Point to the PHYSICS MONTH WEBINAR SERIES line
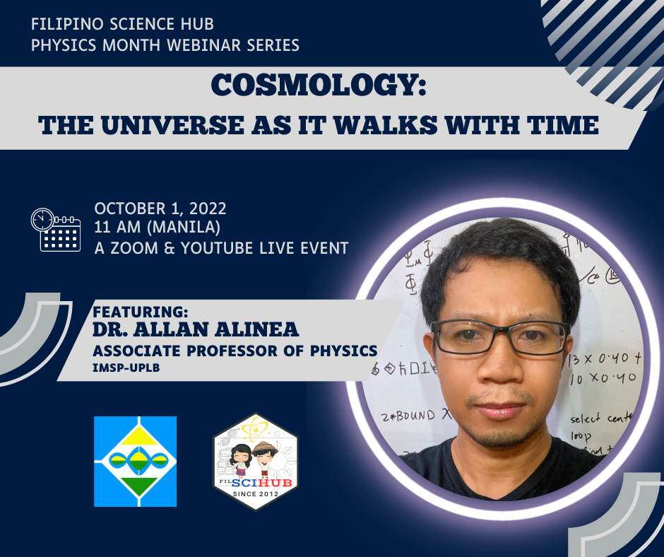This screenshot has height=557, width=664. (x=165, y=45)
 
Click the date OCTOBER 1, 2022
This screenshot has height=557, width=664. (x=160, y=209)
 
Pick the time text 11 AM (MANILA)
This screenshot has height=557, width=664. (x=158, y=228)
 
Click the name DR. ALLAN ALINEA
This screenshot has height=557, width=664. (x=196, y=329)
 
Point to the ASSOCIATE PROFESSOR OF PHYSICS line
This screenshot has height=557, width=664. (x=235, y=351)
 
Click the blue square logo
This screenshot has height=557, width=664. (x=135, y=461)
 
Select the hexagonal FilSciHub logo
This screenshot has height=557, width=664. (x=255, y=461)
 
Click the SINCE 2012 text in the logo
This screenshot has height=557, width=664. (x=255, y=493)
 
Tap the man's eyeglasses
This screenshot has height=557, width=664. (x=500, y=336)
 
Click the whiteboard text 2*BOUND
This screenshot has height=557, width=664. (x=409, y=416)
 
